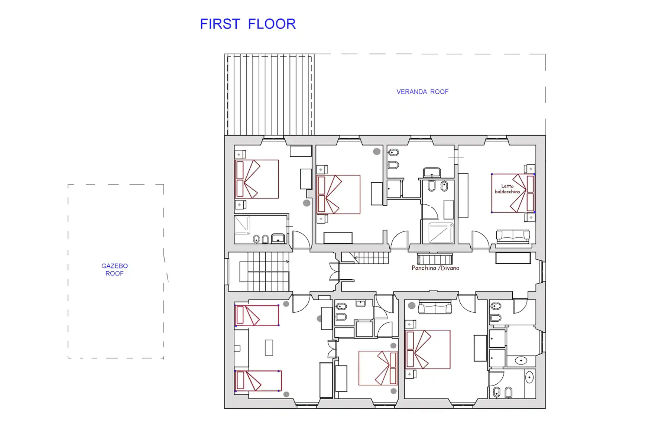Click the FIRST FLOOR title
click(248, 24)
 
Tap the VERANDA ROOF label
click(422, 92)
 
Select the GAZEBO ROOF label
click(114, 270)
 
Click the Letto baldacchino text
click(507, 189)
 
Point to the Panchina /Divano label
click(435, 268)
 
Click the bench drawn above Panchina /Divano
click(435, 259)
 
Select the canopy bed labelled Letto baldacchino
click(513, 193)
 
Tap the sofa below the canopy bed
click(513, 236)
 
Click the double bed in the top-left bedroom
click(257, 179)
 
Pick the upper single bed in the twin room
click(257, 315)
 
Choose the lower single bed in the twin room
click(258, 381)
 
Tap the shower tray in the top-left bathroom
click(242, 225)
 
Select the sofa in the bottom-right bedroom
click(435, 308)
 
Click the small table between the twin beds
click(269, 348)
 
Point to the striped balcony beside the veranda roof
click(269, 95)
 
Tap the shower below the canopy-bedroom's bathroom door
click(441, 233)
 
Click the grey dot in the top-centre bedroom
click(377, 152)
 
